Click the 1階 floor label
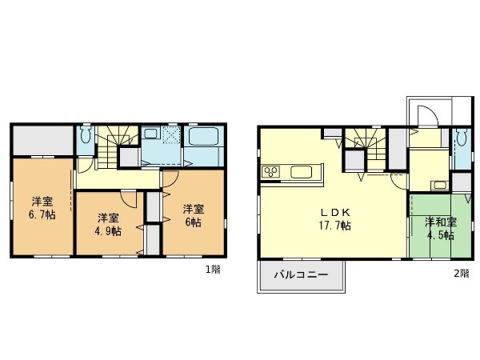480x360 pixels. pyautogui.click(x=213, y=270)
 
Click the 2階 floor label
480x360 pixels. pyautogui.click(x=462, y=273)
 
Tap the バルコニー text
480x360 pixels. pyautogui.click(x=301, y=274)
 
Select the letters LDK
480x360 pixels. pyautogui.click(x=335, y=212)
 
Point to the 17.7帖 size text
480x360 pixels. pyautogui.click(x=335, y=226)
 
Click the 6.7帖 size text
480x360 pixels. pyautogui.click(x=42, y=214)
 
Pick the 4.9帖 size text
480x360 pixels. pyautogui.click(x=108, y=231)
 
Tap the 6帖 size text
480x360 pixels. pyautogui.click(x=193, y=222)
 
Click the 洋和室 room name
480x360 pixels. pyautogui.click(x=441, y=222)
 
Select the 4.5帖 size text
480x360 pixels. pyautogui.click(x=441, y=235)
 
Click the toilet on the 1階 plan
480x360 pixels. pyautogui.click(x=85, y=135)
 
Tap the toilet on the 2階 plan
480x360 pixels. pyautogui.click(x=461, y=138)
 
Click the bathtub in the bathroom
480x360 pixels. pyautogui.click(x=203, y=137)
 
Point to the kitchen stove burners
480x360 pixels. pyautogui.click(x=270, y=172)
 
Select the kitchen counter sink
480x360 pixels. pyautogui.click(x=302, y=172)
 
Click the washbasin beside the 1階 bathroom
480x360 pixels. pyautogui.click(x=150, y=134)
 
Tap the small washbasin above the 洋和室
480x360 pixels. pyautogui.click(x=439, y=185)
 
